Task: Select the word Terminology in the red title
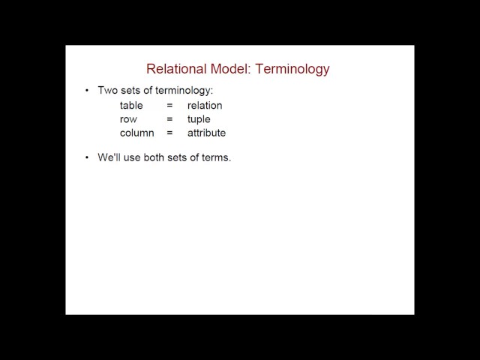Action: click(x=292, y=69)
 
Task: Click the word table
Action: click(x=131, y=106)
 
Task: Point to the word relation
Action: click(x=205, y=106)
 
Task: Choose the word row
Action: click(x=128, y=119)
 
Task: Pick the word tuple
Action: click(x=199, y=119)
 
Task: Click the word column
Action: click(x=136, y=133)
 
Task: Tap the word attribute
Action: click(x=206, y=133)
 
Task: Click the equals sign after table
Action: click(x=169, y=106)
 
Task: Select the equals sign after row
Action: click(x=169, y=119)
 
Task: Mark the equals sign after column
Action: click(x=169, y=133)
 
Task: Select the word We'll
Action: click(x=109, y=158)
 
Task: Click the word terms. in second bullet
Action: click(x=216, y=158)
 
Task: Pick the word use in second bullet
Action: click(x=134, y=158)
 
